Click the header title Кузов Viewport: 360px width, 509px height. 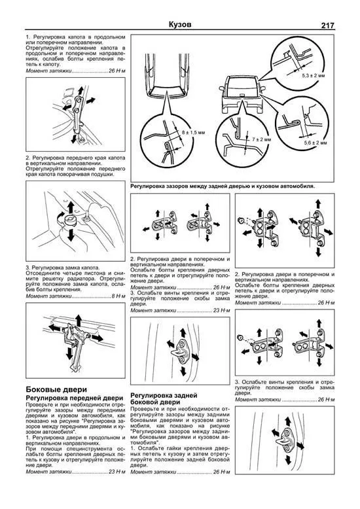[x=179, y=25]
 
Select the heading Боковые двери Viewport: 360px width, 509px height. [x=54, y=390]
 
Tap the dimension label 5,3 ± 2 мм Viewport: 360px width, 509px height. [x=314, y=76]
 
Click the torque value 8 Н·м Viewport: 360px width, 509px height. [x=116, y=296]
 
